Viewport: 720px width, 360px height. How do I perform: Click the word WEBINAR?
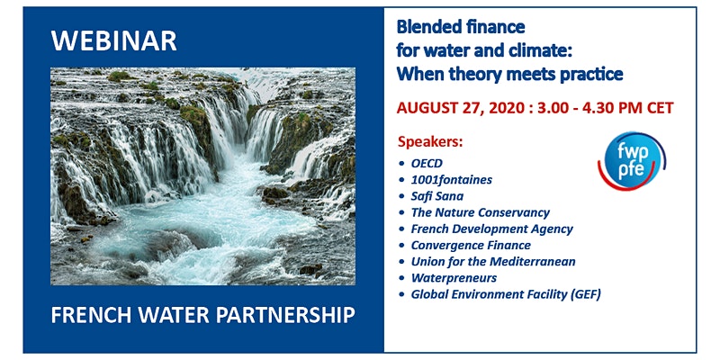point(114,41)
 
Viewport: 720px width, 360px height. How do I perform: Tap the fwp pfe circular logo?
point(632,161)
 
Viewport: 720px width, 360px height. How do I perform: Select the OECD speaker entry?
point(427,164)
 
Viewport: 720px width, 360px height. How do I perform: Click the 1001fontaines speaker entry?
point(452,179)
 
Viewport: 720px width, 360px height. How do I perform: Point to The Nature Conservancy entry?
point(481,212)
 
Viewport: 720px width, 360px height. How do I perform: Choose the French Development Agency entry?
point(491,229)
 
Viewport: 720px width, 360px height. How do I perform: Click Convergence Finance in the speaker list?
point(471,245)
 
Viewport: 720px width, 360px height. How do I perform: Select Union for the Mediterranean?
point(493,262)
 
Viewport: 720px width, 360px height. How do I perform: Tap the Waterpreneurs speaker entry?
point(454,278)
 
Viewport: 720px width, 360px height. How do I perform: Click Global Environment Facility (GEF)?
point(506,295)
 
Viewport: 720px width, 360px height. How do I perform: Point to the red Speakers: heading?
point(430,142)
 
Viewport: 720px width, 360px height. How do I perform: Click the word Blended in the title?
point(427,27)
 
